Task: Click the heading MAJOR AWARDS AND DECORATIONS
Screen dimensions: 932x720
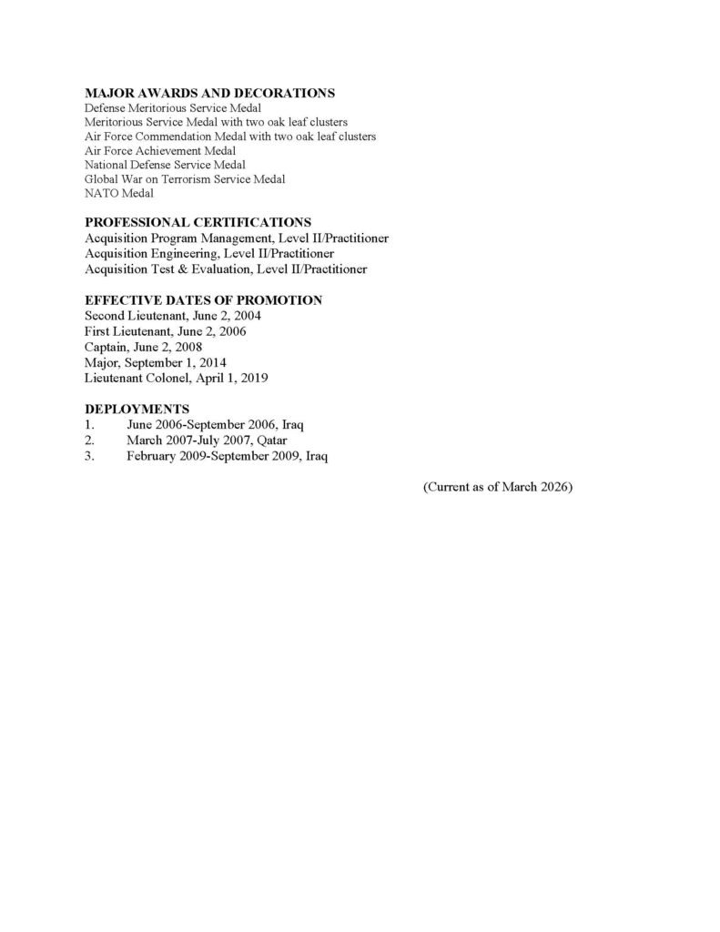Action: pyautogui.click(x=209, y=93)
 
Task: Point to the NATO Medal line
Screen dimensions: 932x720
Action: pyautogui.click(x=119, y=193)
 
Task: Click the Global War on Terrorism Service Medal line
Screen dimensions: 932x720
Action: pyautogui.click(x=185, y=179)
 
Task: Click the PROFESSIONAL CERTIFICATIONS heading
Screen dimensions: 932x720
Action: pyautogui.click(x=198, y=222)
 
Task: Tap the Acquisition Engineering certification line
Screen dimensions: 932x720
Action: pyautogui.click(x=209, y=253)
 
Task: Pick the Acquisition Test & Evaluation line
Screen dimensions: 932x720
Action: pyautogui.click(x=226, y=268)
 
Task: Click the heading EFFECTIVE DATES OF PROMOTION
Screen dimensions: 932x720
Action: pyautogui.click(x=203, y=299)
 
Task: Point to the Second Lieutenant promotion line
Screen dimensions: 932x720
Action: pyautogui.click(x=173, y=315)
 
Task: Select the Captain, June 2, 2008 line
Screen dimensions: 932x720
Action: pyautogui.click(x=144, y=346)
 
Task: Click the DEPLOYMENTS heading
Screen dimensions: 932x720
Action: pyautogui.click(x=137, y=409)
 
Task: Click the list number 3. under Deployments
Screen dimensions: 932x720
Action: pyautogui.click(x=89, y=456)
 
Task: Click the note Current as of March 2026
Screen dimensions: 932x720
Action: pyautogui.click(x=497, y=488)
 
